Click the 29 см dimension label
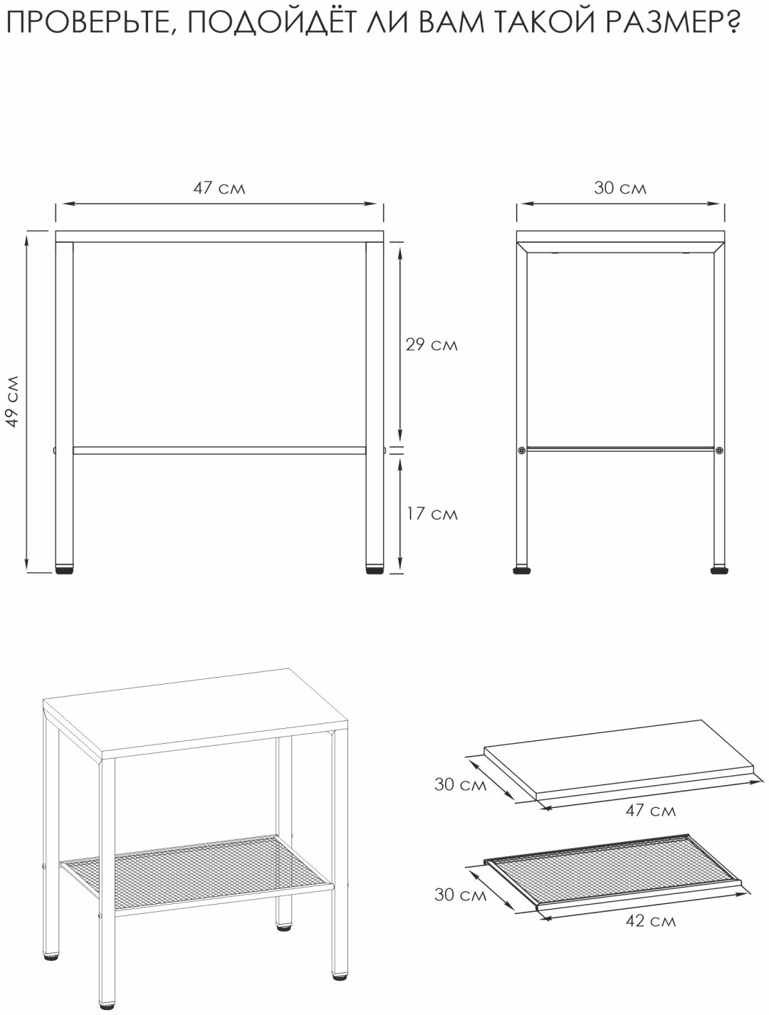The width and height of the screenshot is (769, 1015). click(431, 345)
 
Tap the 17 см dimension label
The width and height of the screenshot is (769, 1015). click(431, 514)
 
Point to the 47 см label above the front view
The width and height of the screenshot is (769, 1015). click(219, 188)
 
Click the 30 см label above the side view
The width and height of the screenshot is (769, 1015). click(620, 188)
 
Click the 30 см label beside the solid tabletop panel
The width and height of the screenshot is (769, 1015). click(461, 784)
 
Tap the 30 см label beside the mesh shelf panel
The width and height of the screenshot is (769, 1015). click(461, 895)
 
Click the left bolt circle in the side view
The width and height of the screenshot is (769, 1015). click(522, 450)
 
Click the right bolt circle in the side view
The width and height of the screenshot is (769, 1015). click(719, 450)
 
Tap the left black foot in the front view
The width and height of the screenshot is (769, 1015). click(64, 570)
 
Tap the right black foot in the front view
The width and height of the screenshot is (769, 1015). click(374, 570)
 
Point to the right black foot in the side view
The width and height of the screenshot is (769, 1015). click(718, 570)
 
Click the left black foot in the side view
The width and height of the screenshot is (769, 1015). click(522, 570)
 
